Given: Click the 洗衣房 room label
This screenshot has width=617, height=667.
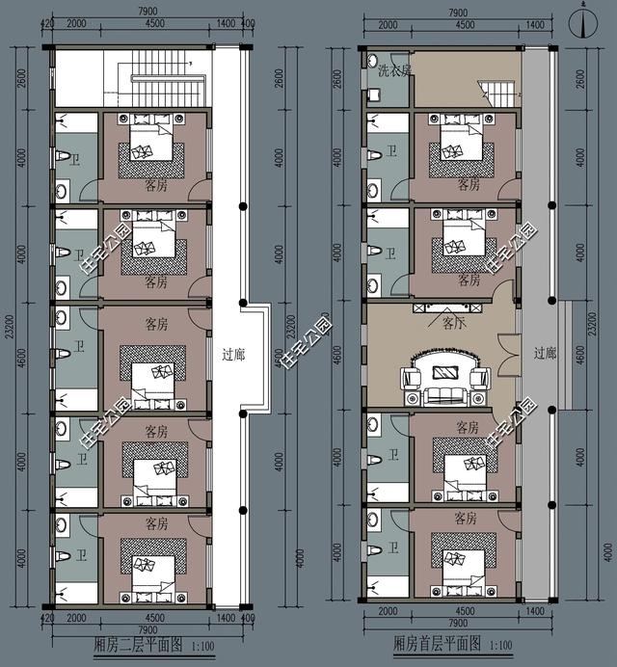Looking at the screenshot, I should [x=393, y=70].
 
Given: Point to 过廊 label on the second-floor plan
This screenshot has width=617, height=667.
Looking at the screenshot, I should [x=233, y=355].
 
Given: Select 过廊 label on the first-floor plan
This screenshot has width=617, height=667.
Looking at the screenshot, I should [x=546, y=354].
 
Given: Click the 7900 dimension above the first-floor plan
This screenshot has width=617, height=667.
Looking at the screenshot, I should [x=458, y=14].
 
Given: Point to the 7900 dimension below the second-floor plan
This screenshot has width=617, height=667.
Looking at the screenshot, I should [x=147, y=627].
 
